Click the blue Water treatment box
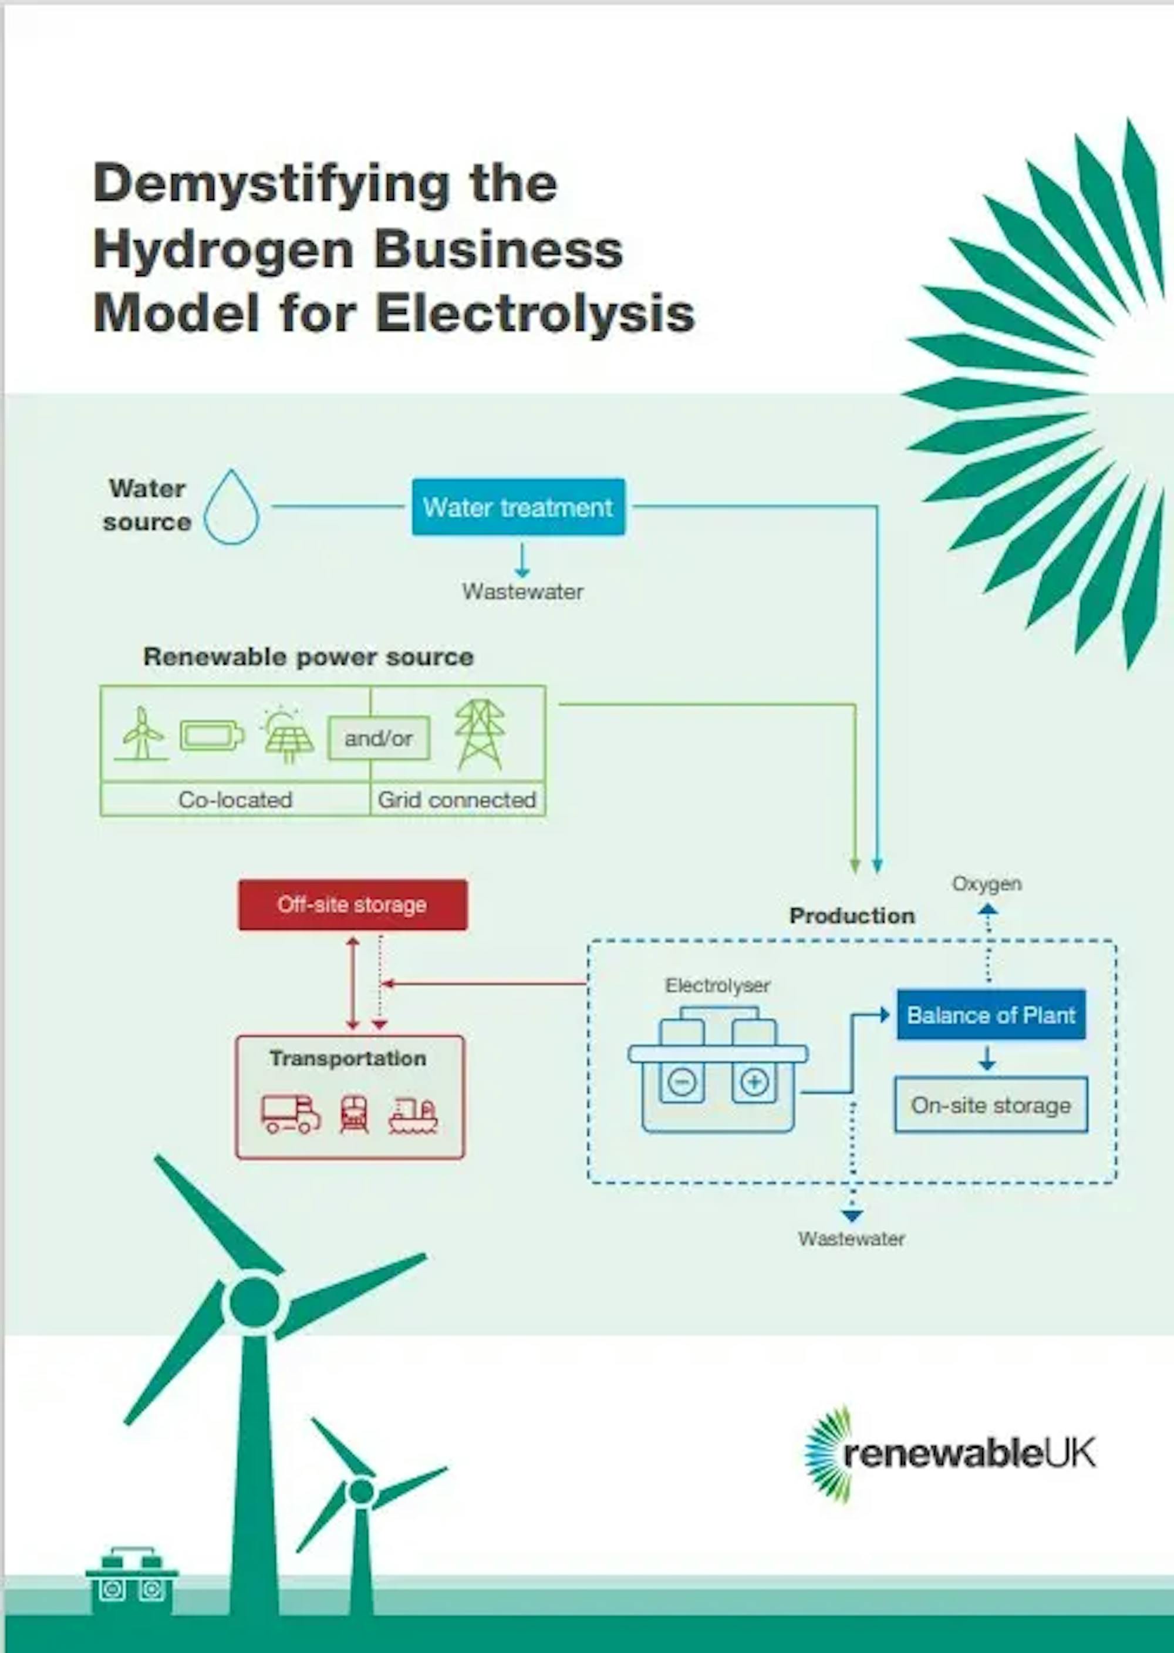pos(518,507)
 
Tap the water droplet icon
pos(231,507)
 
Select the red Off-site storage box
pos(353,904)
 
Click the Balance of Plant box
pos(991,1015)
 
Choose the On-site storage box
pos(990,1105)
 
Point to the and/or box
pos(378,738)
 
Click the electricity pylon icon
pos(480,735)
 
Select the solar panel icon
pos(288,736)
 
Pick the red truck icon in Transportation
pos(291,1113)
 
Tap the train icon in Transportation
pos(353,1113)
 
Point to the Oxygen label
pos(987,884)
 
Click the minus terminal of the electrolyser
pos(682,1082)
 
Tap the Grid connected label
pos(457,800)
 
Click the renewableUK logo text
pos(969,1453)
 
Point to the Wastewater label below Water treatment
pos(522,591)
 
